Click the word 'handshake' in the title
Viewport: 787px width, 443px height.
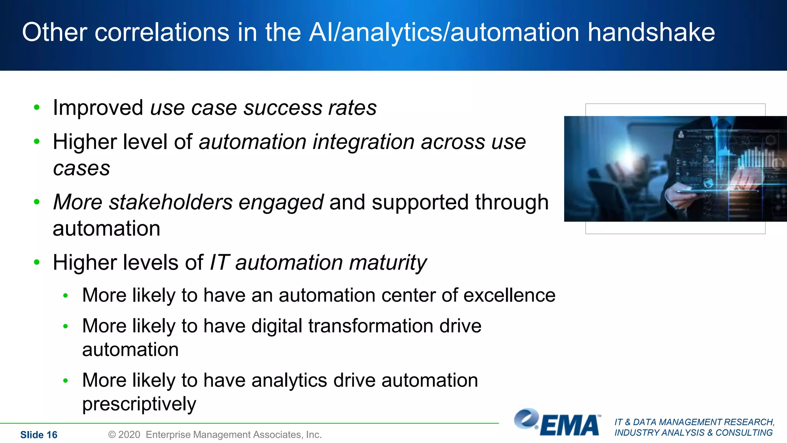(651, 32)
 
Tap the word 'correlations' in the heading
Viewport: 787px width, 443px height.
(162, 32)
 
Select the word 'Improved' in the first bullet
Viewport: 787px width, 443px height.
(98, 108)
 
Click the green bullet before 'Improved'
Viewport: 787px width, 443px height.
(37, 107)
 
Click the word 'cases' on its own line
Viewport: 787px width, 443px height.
(81, 168)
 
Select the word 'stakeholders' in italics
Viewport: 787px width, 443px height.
(171, 202)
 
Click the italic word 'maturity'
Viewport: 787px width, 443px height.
(388, 263)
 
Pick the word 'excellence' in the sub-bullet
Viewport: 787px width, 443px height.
(509, 295)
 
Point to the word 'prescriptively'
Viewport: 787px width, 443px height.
(139, 404)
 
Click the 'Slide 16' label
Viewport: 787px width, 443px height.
(39, 435)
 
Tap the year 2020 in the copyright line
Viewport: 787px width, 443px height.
(129, 435)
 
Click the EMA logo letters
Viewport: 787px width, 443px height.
(569, 426)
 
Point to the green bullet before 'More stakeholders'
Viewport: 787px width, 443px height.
(37, 202)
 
